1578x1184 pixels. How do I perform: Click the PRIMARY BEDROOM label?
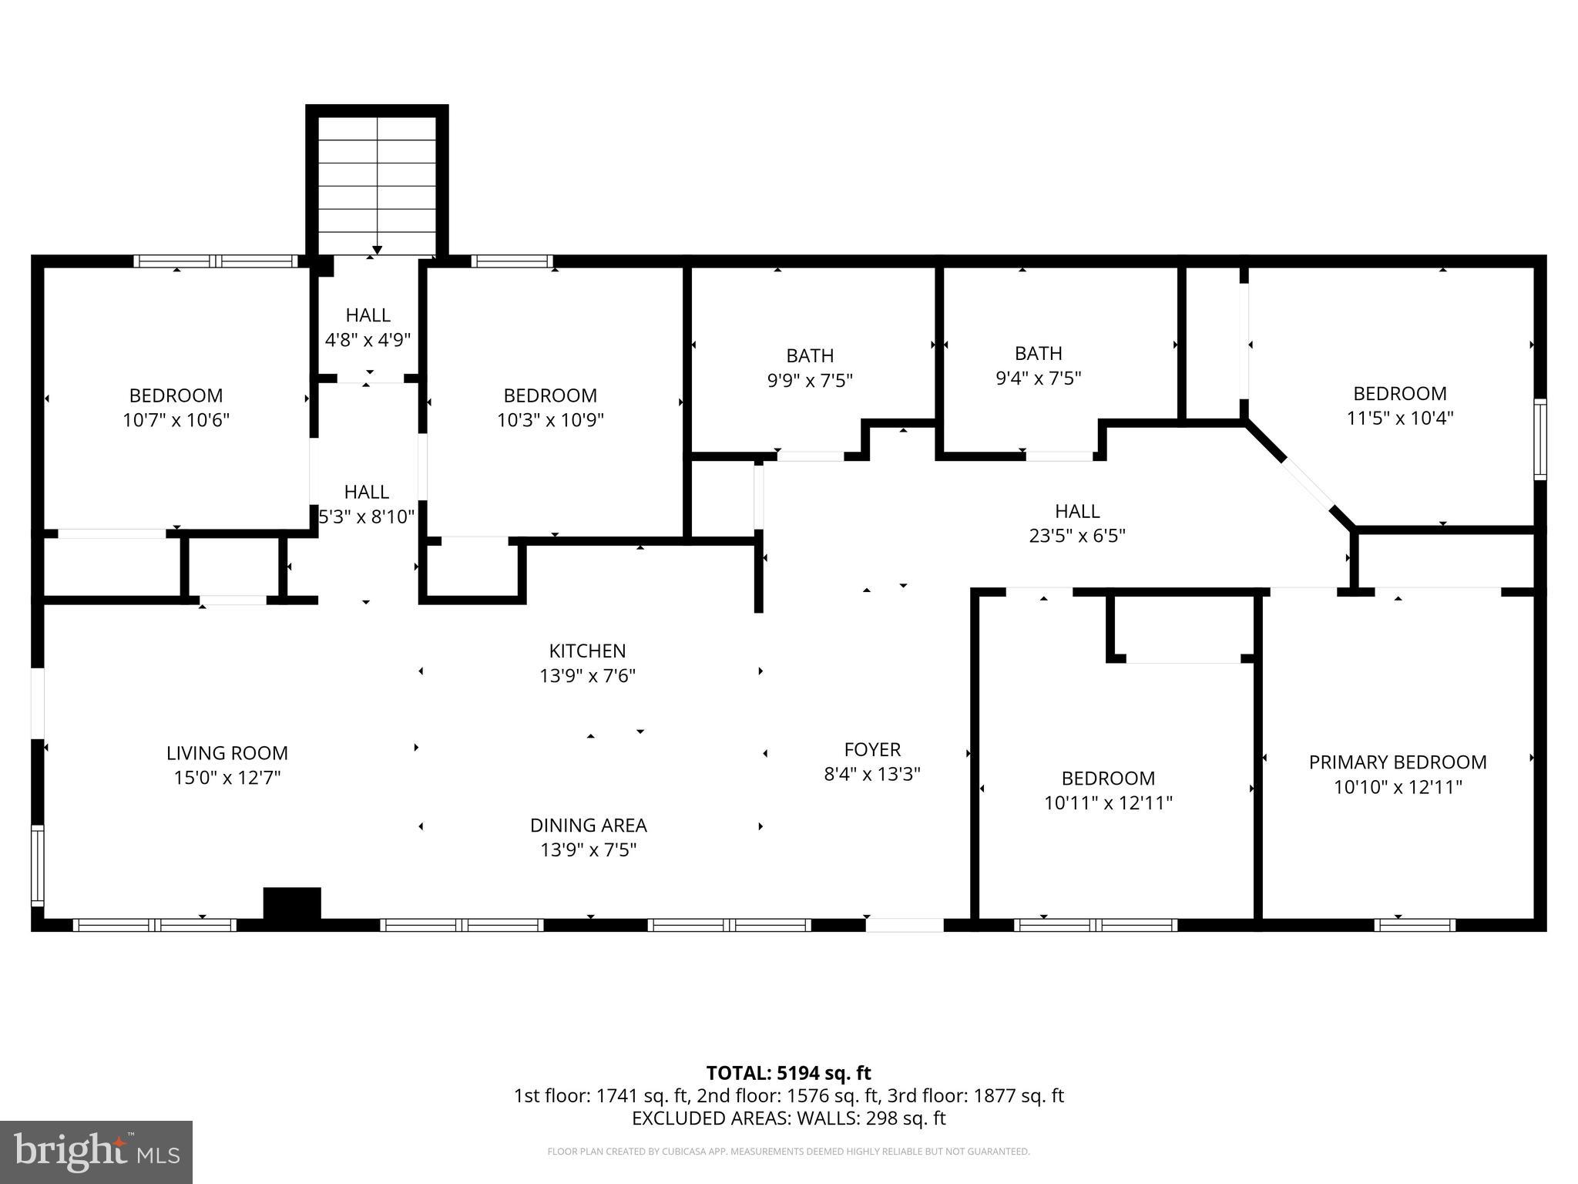click(x=1398, y=762)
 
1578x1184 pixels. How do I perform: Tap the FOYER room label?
click(x=872, y=749)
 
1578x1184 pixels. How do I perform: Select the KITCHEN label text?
click(x=587, y=651)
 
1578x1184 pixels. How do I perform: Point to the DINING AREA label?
click(x=588, y=825)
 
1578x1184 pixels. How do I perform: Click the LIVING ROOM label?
click(x=227, y=753)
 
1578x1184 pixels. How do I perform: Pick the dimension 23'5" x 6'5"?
click(x=1077, y=536)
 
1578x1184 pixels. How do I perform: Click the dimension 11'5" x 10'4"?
click(x=1399, y=418)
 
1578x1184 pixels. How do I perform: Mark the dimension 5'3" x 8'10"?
click(x=368, y=516)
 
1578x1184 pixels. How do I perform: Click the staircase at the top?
click(x=377, y=185)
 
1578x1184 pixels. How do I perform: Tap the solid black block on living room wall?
click(x=292, y=903)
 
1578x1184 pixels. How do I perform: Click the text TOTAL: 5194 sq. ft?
click(x=788, y=1073)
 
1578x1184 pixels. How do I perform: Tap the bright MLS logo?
click(x=96, y=1152)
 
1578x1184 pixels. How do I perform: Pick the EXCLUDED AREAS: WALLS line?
click(x=788, y=1118)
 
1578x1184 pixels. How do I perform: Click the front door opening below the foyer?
click(x=905, y=924)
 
